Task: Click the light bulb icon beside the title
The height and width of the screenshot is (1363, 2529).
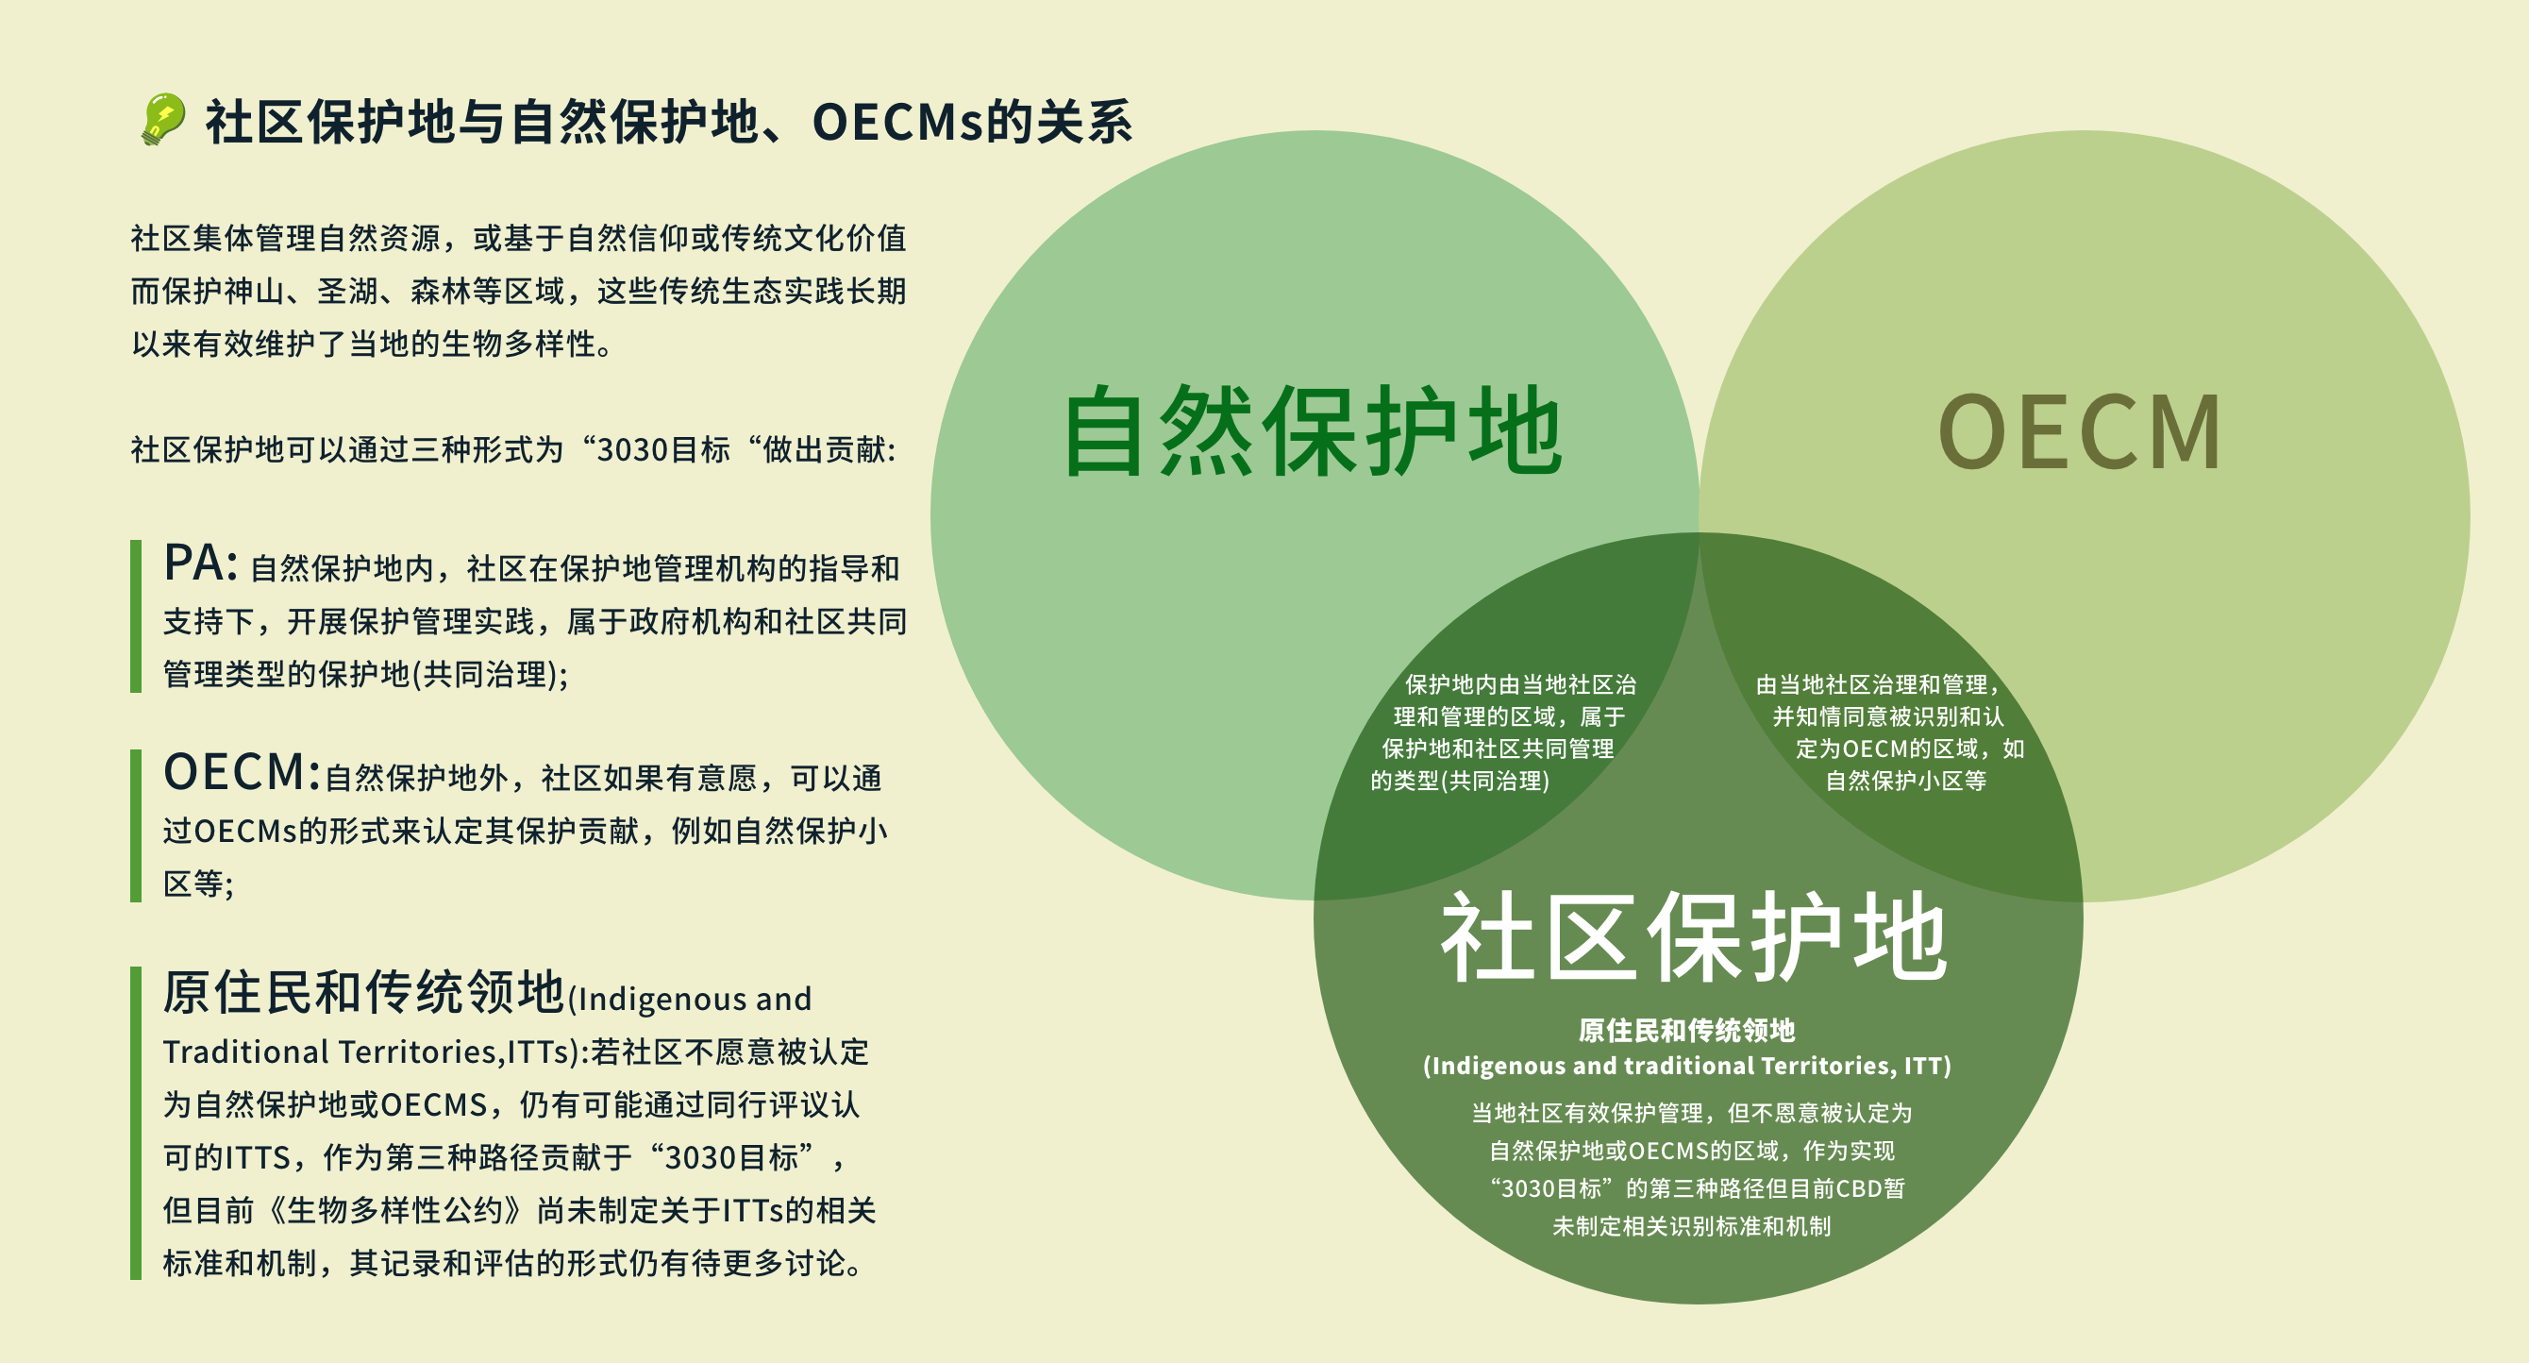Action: [x=162, y=120]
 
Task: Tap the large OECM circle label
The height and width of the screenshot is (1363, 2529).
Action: [x=2080, y=432]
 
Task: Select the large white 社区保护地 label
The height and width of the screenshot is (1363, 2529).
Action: [x=1693, y=938]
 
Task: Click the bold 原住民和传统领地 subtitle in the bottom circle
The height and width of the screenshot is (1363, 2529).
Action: [x=1685, y=1030]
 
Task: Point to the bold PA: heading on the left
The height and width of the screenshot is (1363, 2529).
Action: [x=200, y=564]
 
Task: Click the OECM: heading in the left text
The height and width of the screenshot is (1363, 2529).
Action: [x=242, y=773]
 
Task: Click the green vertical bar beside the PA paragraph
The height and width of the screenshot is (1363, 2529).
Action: [x=136, y=615]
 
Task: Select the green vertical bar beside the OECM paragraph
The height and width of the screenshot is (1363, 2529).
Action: [x=136, y=826]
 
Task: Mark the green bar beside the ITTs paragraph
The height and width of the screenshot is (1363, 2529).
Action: [x=136, y=1122]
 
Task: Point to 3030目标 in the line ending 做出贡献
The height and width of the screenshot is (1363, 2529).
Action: [x=663, y=449]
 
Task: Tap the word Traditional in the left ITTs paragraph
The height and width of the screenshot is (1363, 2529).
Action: [x=245, y=1052]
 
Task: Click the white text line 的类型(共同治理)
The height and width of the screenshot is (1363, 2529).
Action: [x=1460, y=781]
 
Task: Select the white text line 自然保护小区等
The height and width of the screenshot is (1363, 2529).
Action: [x=1905, y=781]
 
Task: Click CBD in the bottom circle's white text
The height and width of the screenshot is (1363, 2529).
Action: [x=1858, y=1188]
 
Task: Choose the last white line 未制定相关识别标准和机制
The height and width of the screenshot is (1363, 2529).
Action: [x=1691, y=1226]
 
